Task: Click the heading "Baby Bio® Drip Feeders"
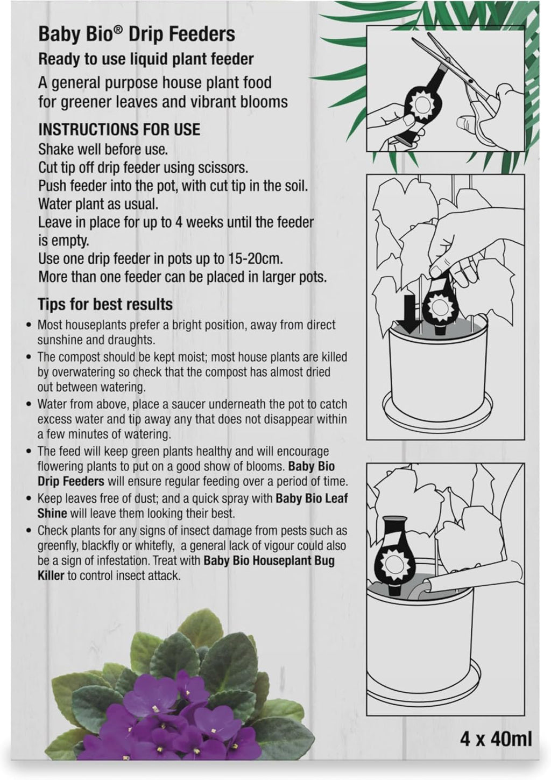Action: [137, 35]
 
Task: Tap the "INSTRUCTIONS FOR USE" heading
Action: [119, 130]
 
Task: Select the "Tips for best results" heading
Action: [105, 304]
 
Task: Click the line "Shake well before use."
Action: [103, 150]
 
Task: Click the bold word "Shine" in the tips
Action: [52, 513]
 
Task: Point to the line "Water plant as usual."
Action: [98, 205]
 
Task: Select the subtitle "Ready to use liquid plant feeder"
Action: [146, 60]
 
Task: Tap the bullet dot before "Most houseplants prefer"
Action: [29, 325]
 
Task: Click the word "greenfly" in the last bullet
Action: [58, 546]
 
